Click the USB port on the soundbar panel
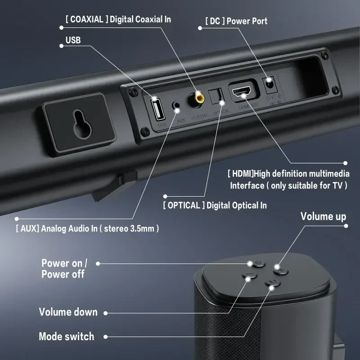tap(158, 108)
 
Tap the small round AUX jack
tap(177, 107)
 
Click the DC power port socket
tap(269, 83)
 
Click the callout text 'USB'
tap(73, 40)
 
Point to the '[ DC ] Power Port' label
tap(236, 21)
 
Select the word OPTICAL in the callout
tap(183, 205)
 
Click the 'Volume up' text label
tap(323, 216)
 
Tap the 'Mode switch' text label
tap(66, 336)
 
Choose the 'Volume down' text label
tap(68, 312)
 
